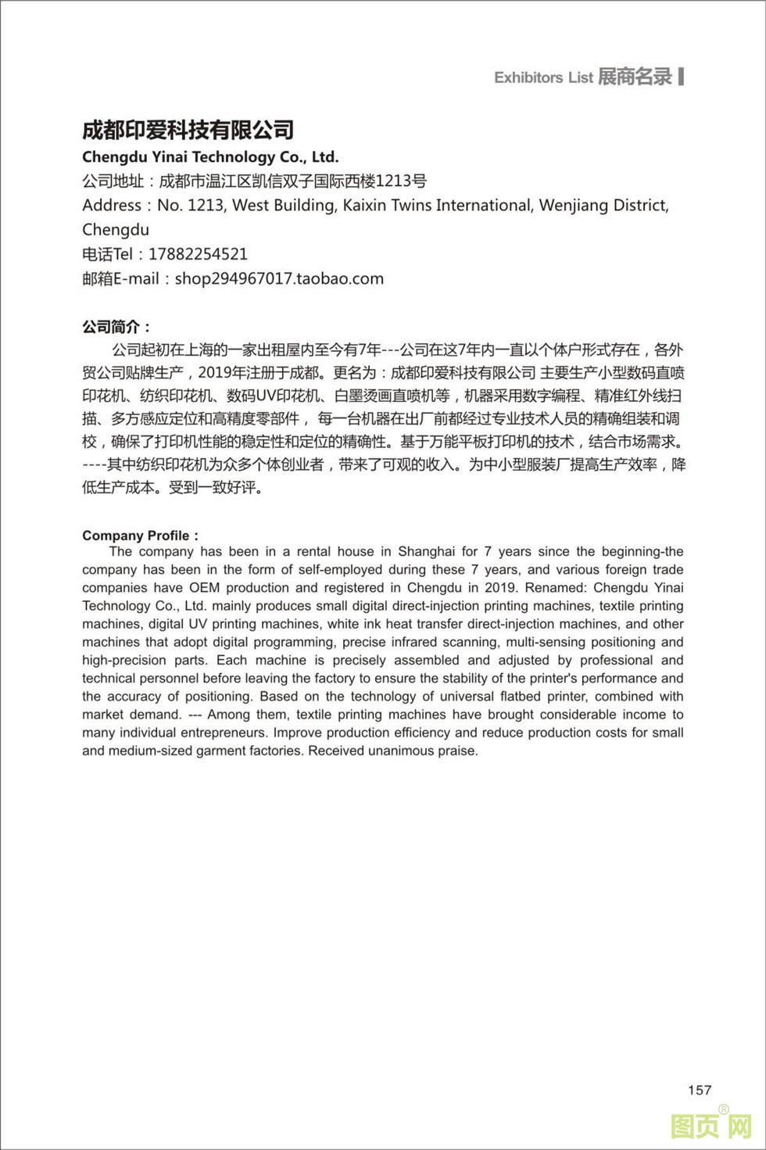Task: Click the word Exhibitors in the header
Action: pos(528,77)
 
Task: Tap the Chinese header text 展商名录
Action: pos(635,77)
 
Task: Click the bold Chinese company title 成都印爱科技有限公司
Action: pos(188,130)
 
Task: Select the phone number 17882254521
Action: pos(198,254)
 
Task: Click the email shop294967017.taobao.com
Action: pos(279,278)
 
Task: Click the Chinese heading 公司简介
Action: pos(116,327)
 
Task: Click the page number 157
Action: pos(700,1090)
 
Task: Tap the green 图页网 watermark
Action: pos(711,1126)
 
